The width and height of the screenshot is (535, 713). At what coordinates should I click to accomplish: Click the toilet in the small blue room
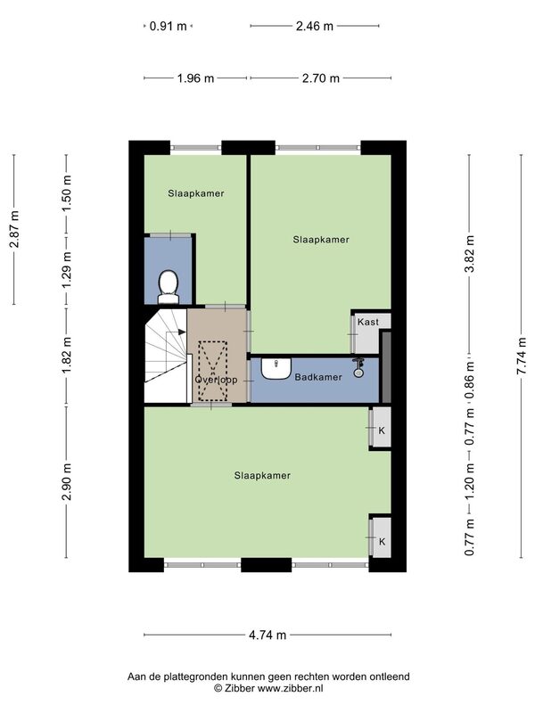pyautogui.click(x=168, y=287)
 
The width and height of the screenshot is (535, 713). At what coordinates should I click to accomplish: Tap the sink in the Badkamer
pyautogui.click(x=276, y=368)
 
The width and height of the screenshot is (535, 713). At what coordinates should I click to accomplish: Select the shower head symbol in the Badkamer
pyautogui.click(x=358, y=367)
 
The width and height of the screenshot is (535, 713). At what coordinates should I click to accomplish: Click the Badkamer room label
pyautogui.click(x=318, y=377)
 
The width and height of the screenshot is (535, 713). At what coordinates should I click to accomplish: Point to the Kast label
pyautogui.click(x=367, y=322)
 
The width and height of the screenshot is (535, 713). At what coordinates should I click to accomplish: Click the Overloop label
pyautogui.click(x=216, y=380)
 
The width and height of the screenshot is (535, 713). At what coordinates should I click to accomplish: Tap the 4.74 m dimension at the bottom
pyautogui.click(x=267, y=635)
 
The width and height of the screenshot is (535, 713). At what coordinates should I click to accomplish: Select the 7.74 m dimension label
pyautogui.click(x=521, y=356)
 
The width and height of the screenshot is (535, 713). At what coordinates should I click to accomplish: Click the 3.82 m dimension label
pyautogui.click(x=469, y=254)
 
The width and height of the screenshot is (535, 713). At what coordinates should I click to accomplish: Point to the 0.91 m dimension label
pyautogui.click(x=169, y=26)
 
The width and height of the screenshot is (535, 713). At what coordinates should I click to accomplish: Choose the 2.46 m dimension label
pyautogui.click(x=315, y=26)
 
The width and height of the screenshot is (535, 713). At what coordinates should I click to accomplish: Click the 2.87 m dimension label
pyautogui.click(x=14, y=229)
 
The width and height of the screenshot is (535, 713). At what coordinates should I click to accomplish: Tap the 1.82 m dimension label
pyautogui.click(x=66, y=357)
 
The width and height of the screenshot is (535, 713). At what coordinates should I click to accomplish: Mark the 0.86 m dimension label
pyautogui.click(x=469, y=380)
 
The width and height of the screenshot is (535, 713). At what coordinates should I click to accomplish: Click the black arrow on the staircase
pyautogui.click(x=182, y=332)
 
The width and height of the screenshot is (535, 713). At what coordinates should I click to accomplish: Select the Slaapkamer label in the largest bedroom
pyautogui.click(x=262, y=475)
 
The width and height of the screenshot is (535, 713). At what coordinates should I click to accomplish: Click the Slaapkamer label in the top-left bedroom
pyautogui.click(x=196, y=193)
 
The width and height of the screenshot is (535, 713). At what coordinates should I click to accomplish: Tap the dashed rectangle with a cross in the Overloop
pyautogui.click(x=213, y=371)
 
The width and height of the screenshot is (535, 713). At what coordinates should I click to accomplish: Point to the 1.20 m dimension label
pyautogui.click(x=469, y=481)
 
